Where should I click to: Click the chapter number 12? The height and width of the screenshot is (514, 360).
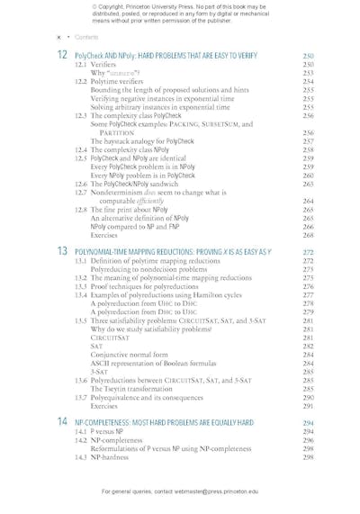(x=61, y=56)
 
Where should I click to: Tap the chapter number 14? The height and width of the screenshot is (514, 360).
(x=61, y=421)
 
